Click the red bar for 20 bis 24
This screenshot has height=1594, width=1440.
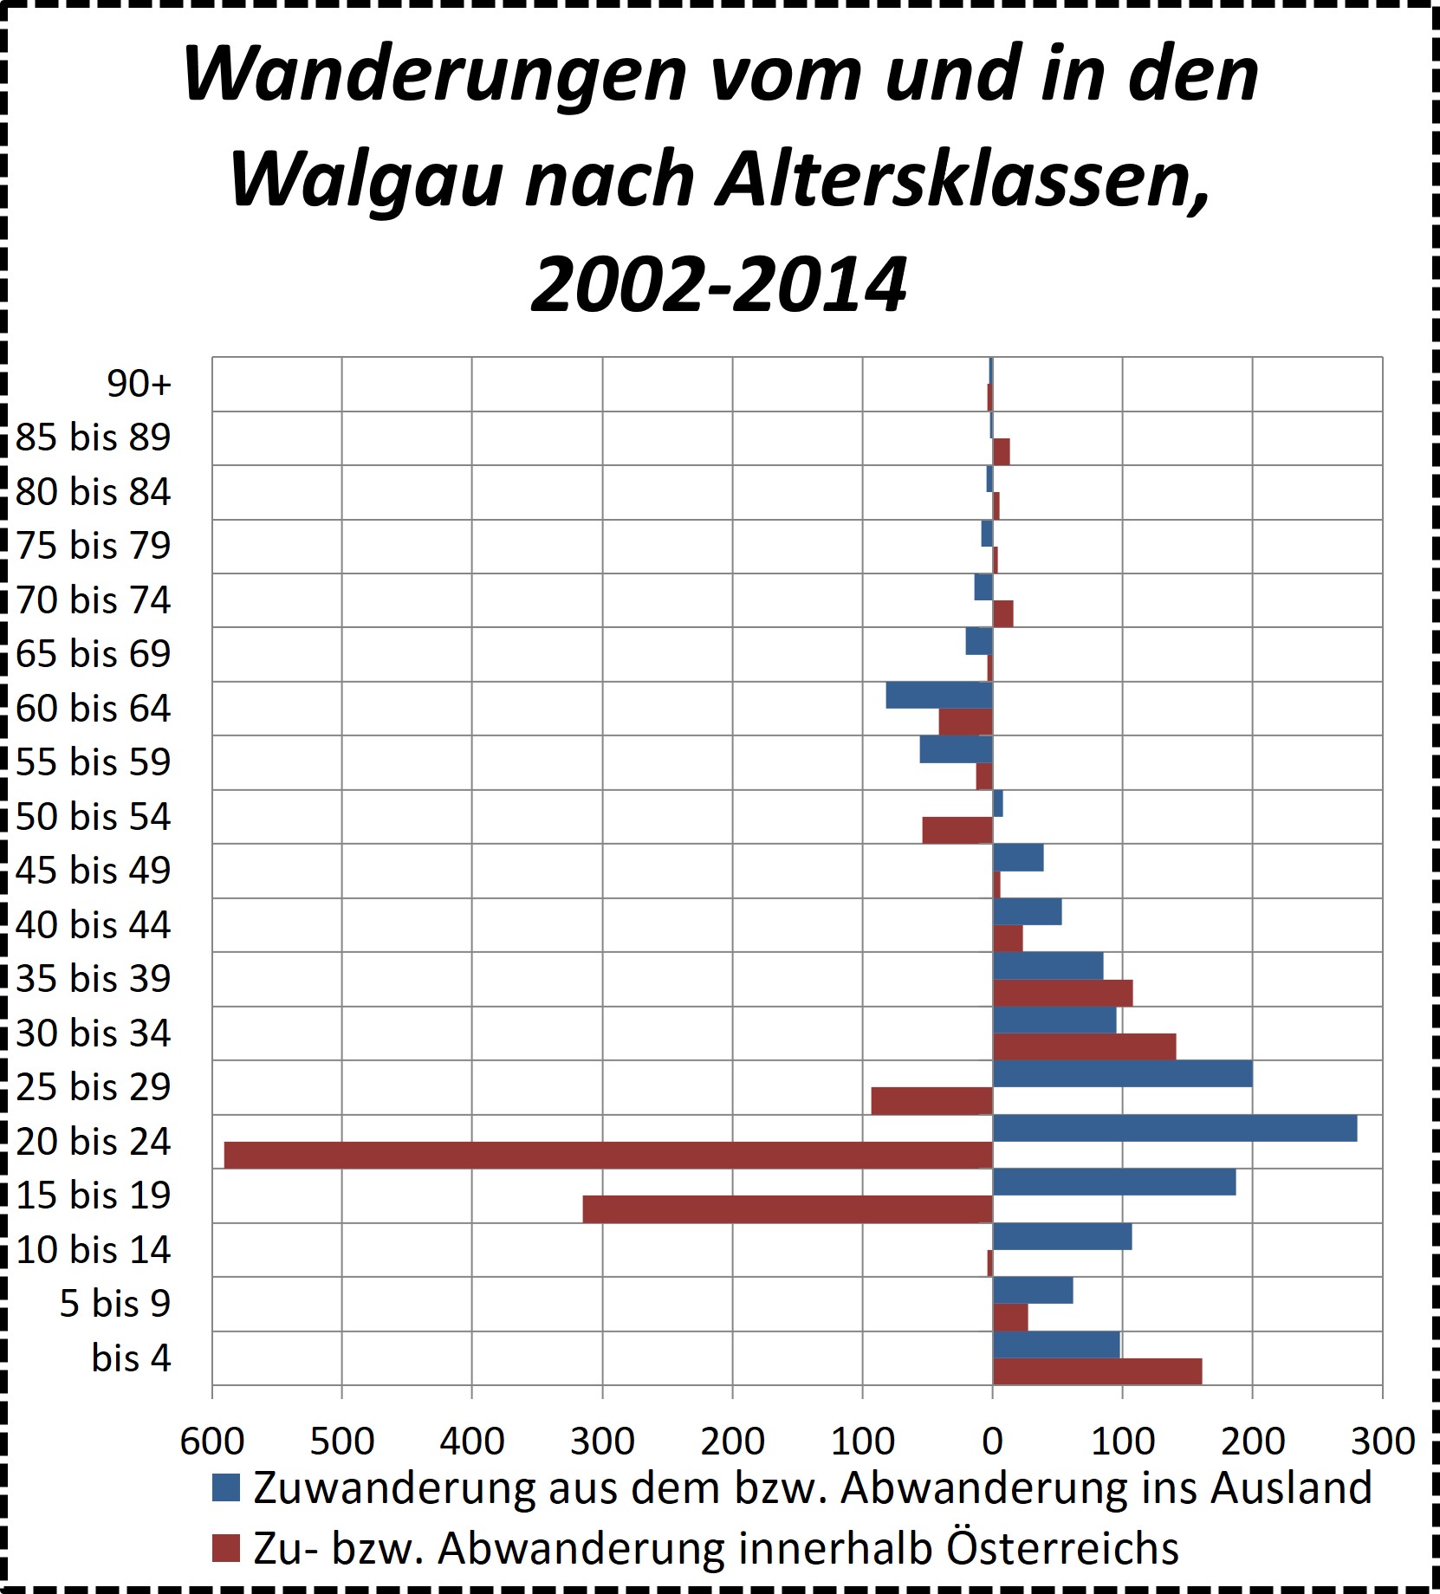pos(607,1156)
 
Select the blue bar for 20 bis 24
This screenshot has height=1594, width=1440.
pos(1174,1129)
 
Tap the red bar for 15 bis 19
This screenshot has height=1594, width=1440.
pos(787,1209)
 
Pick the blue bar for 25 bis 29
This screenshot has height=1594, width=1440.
pos(1122,1074)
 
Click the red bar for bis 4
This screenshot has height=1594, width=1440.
pos(1097,1372)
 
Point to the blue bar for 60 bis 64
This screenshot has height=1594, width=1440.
pos(938,695)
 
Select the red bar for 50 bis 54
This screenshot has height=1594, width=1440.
pos(957,830)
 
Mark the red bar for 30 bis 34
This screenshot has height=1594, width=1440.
pos(1084,1047)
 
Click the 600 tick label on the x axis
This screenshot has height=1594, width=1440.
pos(212,1442)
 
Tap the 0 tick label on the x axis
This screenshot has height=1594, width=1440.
pos(993,1442)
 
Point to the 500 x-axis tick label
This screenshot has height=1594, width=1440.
pos(342,1442)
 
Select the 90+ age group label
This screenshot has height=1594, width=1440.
pos(139,384)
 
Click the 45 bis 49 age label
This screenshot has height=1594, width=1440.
pos(94,871)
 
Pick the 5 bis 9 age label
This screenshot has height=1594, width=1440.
pos(115,1304)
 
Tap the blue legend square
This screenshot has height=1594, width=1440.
pos(225,1488)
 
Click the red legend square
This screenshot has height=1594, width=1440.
pos(225,1548)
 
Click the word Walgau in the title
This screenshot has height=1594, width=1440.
pos(366,179)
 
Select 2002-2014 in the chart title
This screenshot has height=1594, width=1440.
pos(719,285)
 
